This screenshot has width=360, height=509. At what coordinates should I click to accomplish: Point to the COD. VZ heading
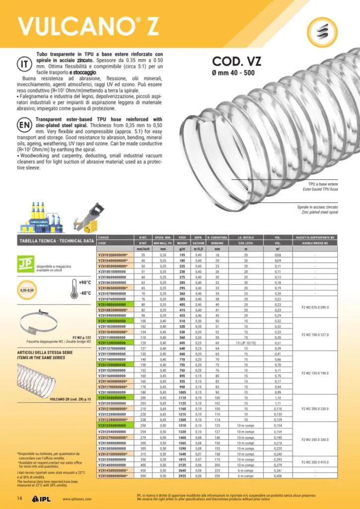(237, 62)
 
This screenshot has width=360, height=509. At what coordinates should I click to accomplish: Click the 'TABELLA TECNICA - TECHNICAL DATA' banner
(56, 241)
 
